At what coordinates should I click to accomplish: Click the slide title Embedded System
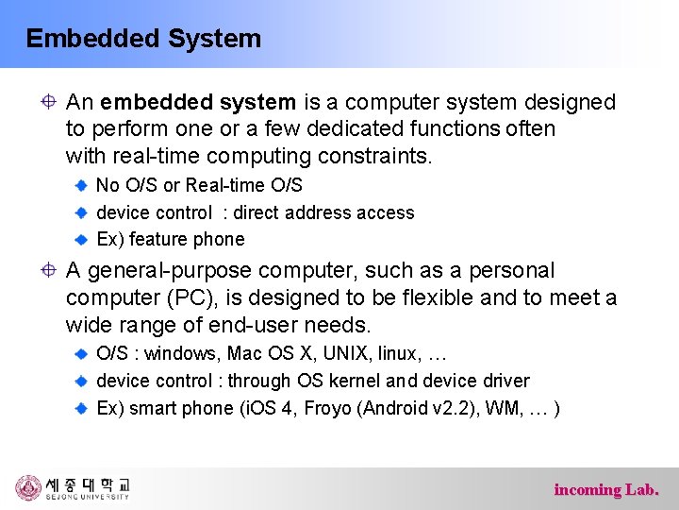(x=143, y=39)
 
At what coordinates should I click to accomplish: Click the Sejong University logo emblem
(x=28, y=487)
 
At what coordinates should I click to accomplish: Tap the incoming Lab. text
(x=606, y=489)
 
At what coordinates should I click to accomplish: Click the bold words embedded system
(x=198, y=102)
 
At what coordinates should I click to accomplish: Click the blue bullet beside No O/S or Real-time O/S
(x=81, y=186)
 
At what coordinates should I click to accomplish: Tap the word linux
(x=397, y=354)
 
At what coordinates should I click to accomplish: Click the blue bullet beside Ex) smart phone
(x=81, y=409)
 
